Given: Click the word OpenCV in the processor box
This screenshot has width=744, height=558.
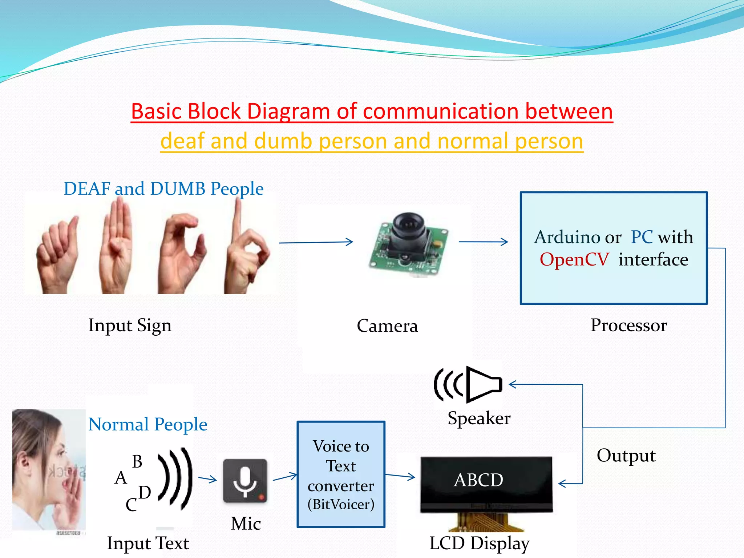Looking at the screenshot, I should point(574,259).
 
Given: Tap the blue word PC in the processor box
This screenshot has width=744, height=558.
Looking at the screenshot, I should point(642,237).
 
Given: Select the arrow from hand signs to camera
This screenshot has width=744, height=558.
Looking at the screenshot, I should point(316,242).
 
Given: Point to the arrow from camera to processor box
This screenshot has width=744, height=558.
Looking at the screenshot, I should point(483,242).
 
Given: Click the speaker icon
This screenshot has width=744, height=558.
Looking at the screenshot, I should point(469,385).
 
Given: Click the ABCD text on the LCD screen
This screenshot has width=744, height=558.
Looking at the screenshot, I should point(478,480).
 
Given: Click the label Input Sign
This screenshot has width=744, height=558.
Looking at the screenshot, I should point(130,325).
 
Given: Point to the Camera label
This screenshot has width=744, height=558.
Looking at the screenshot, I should point(387,326).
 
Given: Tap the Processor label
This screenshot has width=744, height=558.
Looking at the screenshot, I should point(628,325).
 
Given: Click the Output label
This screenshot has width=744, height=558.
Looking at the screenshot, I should point(626,456).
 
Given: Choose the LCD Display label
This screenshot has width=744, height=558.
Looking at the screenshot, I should point(479,543).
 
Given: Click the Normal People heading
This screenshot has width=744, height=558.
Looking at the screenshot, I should point(147,424).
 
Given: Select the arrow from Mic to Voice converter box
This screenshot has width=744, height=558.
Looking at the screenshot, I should point(285,477).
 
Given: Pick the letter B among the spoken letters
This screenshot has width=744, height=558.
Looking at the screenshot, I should point(137,462).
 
